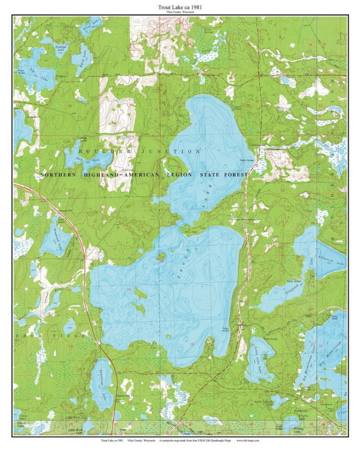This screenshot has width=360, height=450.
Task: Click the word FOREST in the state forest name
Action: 236,175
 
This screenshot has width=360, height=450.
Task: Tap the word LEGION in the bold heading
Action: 181,175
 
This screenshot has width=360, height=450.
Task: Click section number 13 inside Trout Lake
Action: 129,289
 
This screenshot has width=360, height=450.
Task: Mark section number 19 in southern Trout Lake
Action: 192,344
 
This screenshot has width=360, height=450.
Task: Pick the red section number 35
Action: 70,106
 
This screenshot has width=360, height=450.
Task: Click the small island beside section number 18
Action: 162,256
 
